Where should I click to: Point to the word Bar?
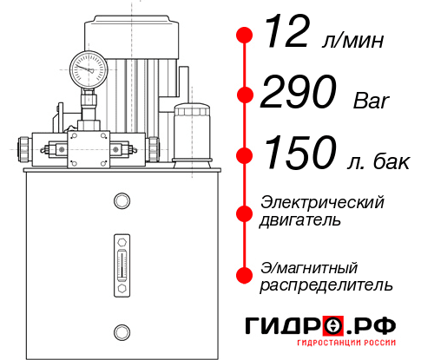pos(372,101)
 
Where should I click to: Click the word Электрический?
pos(322,202)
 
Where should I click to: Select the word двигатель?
pos(300,220)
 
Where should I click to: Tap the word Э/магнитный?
pos(309,266)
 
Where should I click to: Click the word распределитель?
pos(326,285)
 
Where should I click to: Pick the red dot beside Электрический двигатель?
pos(245,212)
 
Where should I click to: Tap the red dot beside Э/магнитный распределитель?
pos(245,275)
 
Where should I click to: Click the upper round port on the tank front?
pos(122,201)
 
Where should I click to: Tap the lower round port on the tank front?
pos(122,331)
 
